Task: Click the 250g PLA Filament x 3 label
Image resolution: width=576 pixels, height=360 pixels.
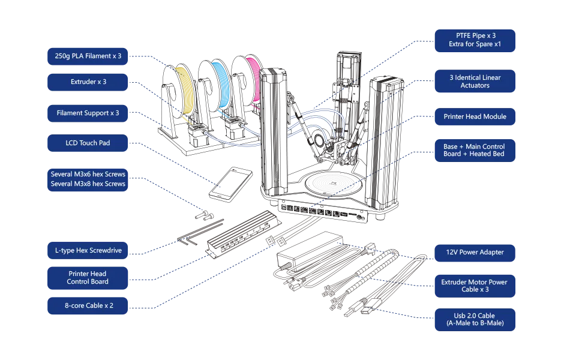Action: (x=88, y=56)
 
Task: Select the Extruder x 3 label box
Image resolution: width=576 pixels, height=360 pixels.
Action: (x=88, y=82)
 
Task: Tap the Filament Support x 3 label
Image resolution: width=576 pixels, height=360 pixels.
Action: (x=88, y=113)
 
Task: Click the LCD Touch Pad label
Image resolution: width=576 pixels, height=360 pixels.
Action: (x=88, y=143)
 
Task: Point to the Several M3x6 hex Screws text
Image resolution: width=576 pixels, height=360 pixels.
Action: (x=88, y=174)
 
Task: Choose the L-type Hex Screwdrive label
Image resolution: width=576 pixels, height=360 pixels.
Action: (x=88, y=250)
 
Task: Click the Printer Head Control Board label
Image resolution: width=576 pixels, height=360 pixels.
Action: (x=88, y=278)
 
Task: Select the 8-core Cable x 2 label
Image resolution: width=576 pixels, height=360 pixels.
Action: (x=88, y=305)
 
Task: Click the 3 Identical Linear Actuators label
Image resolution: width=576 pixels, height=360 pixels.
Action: (x=475, y=82)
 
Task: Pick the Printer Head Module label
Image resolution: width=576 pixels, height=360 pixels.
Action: (x=475, y=116)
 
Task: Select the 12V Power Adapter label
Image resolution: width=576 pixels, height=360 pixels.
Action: (x=475, y=252)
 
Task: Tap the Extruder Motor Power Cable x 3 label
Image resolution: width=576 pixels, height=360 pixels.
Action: (x=475, y=286)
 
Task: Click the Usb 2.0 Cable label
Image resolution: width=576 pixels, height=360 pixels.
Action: (x=475, y=319)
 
